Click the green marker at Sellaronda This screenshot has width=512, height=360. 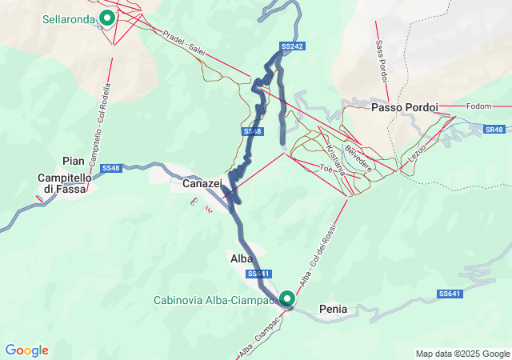(x=106, y=18)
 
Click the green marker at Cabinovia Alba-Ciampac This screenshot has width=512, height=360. (x=286, y=299)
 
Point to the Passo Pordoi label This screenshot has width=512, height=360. (x=402, y=106)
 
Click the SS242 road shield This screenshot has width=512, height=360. (x=293, y=46)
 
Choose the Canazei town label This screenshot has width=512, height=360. (x=202, y=184)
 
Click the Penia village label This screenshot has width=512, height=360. (x=333, y=308)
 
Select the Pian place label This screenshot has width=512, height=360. (x=73, y=161)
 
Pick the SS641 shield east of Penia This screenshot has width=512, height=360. (x=450, y=294)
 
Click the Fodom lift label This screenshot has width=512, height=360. (x=478, y=106)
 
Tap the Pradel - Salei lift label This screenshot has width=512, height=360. (x=185, y=44)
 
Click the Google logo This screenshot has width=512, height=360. (x=26, y=350)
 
